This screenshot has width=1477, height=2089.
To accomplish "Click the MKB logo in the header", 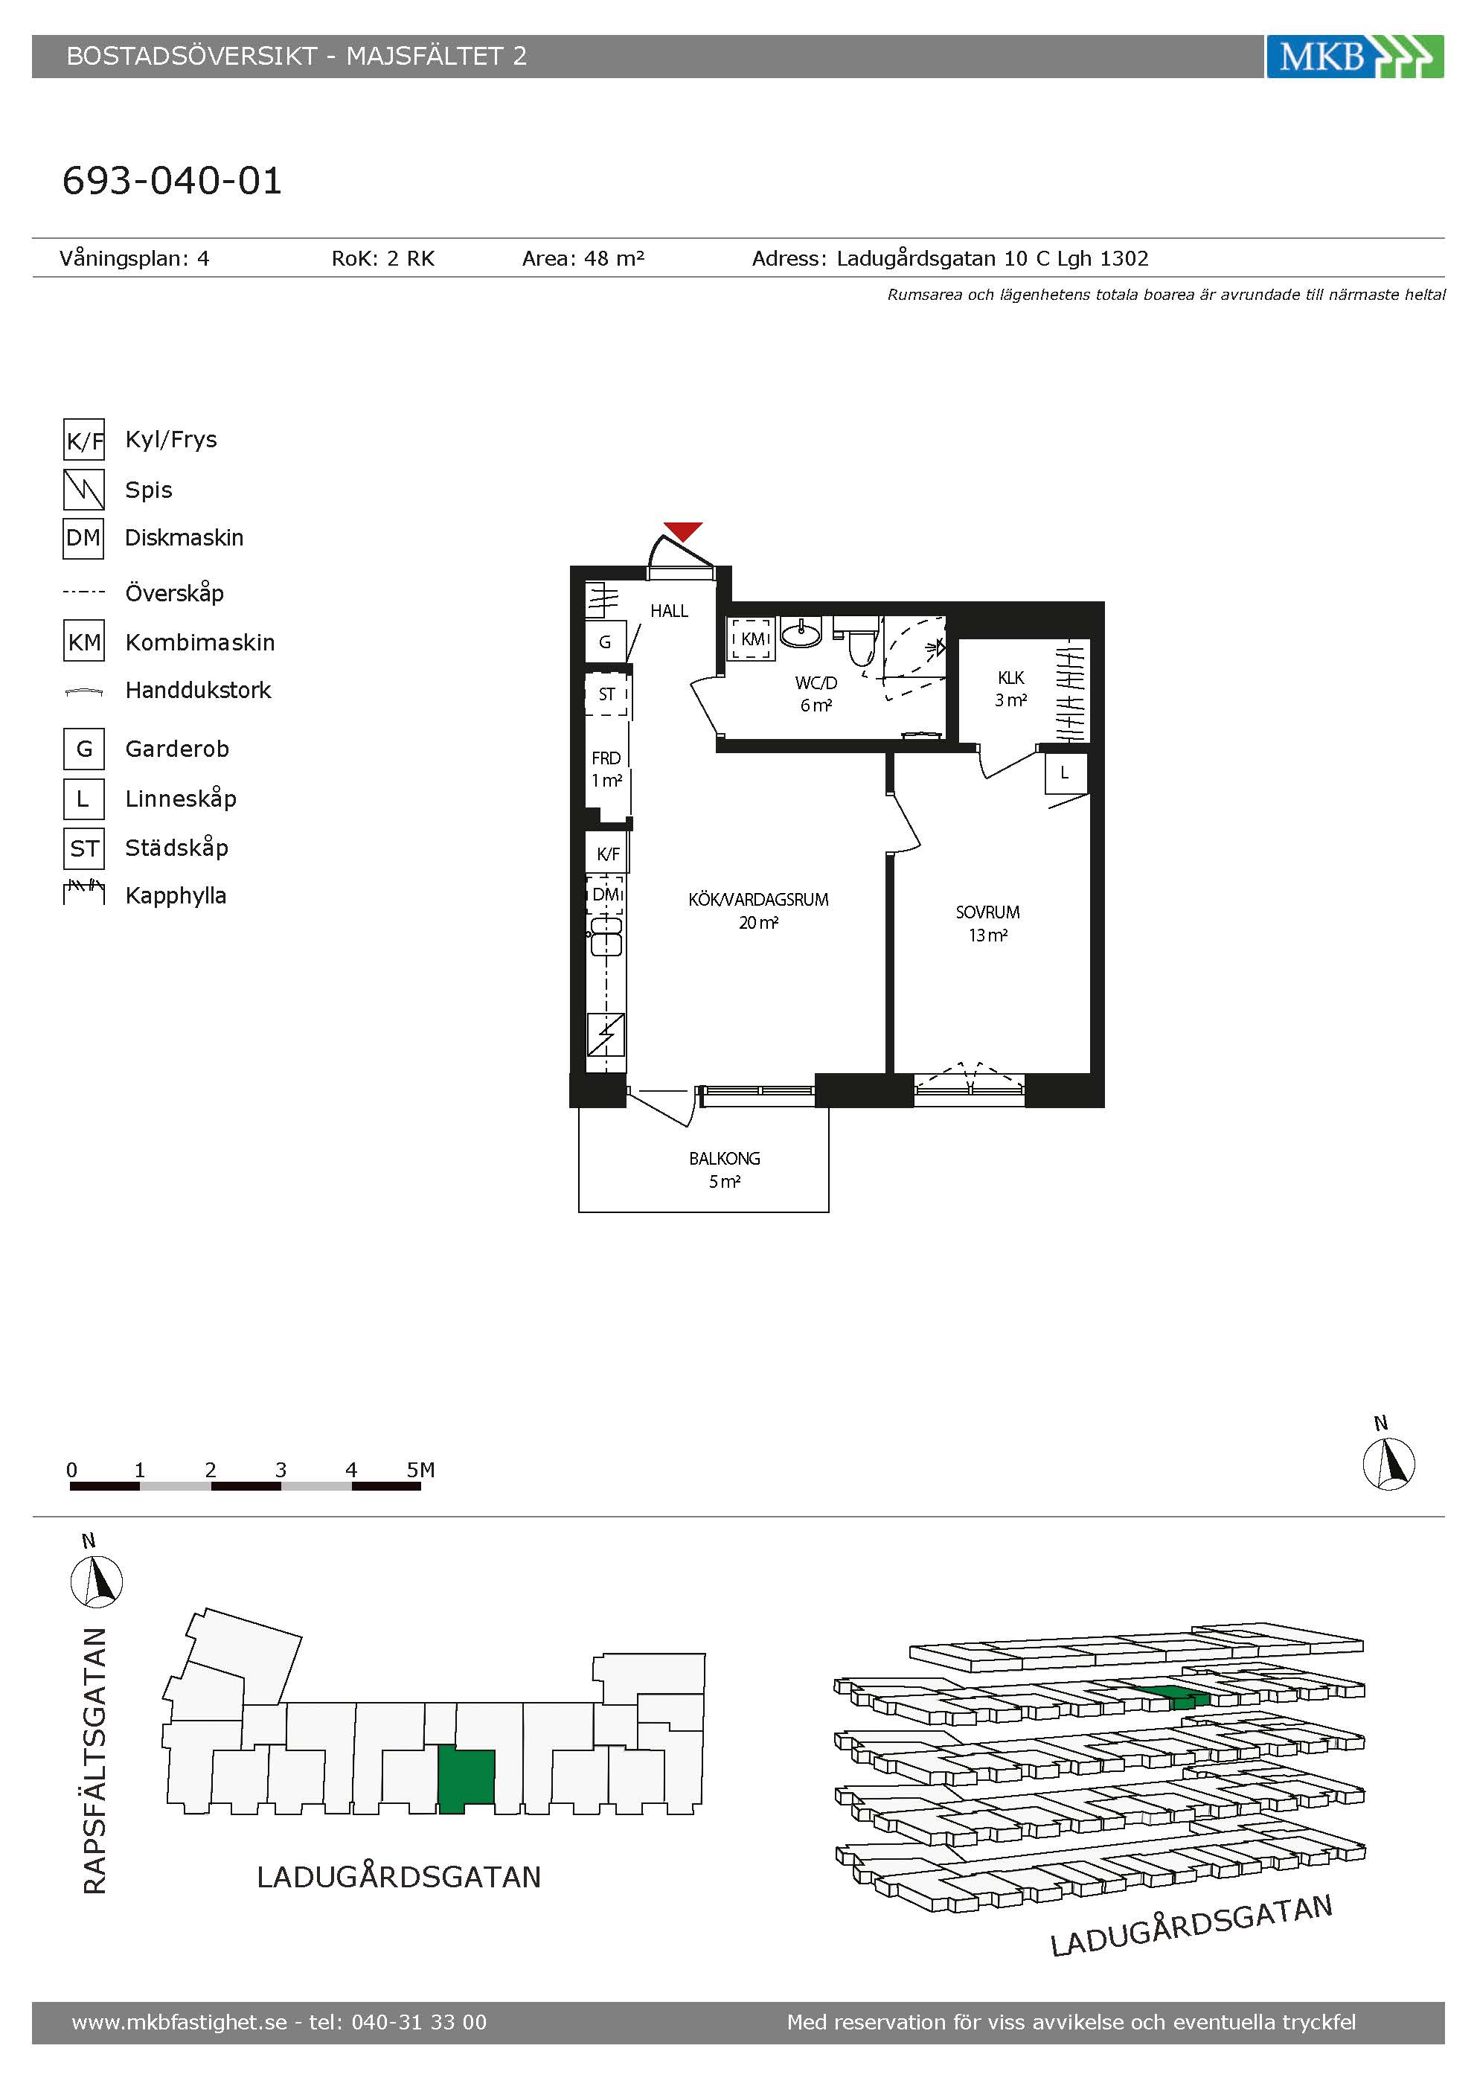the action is [1354, 57].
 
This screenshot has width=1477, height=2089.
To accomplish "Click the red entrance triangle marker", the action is [683, 531].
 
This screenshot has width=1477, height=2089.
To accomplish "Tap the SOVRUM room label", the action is [987, 912].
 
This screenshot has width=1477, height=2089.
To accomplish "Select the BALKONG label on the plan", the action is [724, 1158].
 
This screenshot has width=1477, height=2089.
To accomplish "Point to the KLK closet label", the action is [1010, 678].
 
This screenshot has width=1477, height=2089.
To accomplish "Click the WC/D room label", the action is [816, 682].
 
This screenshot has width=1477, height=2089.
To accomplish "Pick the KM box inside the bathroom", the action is [753, 639].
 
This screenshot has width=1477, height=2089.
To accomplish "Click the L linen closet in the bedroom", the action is [1065, 774].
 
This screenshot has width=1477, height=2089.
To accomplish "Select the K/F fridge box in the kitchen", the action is [606, 854].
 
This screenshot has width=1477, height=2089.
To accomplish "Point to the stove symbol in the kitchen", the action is [606, 1034].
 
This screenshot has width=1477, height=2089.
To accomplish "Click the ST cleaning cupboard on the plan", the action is [606, 694].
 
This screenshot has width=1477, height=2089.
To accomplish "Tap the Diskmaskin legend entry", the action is [184, 538].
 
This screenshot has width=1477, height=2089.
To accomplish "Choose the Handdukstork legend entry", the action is [198, 691].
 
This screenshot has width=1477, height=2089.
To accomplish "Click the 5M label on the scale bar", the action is [420, 1469].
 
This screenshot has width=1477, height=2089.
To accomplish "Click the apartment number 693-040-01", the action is [172, 180].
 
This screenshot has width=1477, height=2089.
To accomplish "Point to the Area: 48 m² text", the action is [583, 258].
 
